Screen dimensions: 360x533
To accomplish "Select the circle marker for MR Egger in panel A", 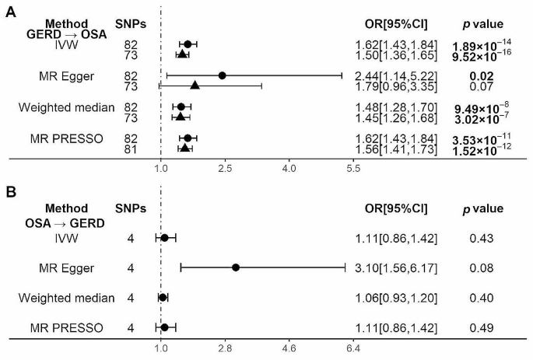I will tap(222, 75).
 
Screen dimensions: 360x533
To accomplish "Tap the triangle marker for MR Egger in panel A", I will tap(195, 86).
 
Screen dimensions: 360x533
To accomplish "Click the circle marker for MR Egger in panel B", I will tap(236, 267).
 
